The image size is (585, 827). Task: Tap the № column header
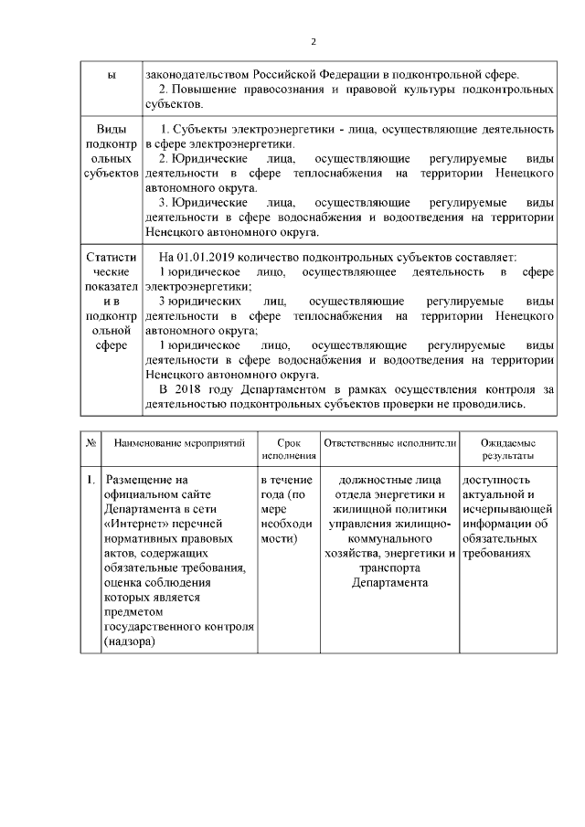pos(91,442)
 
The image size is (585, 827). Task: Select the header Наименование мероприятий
pos(179,442)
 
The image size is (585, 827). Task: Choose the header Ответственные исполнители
pos(388,442)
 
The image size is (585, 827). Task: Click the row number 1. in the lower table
pos(91,479)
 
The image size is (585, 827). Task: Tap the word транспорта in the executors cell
pos(388,567)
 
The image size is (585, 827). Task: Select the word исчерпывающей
pos(507,509)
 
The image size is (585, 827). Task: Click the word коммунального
pos(388,538)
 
